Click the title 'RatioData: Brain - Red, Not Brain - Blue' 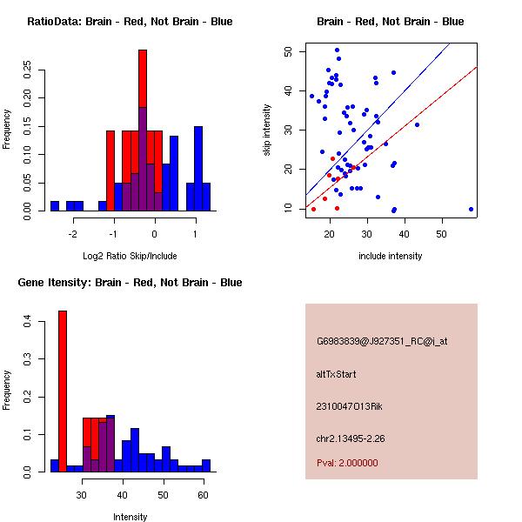(130, 22)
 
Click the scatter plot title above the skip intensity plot (390, 22)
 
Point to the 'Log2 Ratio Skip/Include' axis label (130, 256)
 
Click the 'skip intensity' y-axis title (267, 130)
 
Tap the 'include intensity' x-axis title (390, 256)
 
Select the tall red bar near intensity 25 (63, 391)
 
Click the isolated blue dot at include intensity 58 (471, 209)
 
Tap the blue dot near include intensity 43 (417, 124)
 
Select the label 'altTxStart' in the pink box (337, 374)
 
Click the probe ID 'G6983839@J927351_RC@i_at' (382, 342)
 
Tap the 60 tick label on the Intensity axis (202, 496)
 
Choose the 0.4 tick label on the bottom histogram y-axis (29, 323)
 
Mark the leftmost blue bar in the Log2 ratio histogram (54, 206)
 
